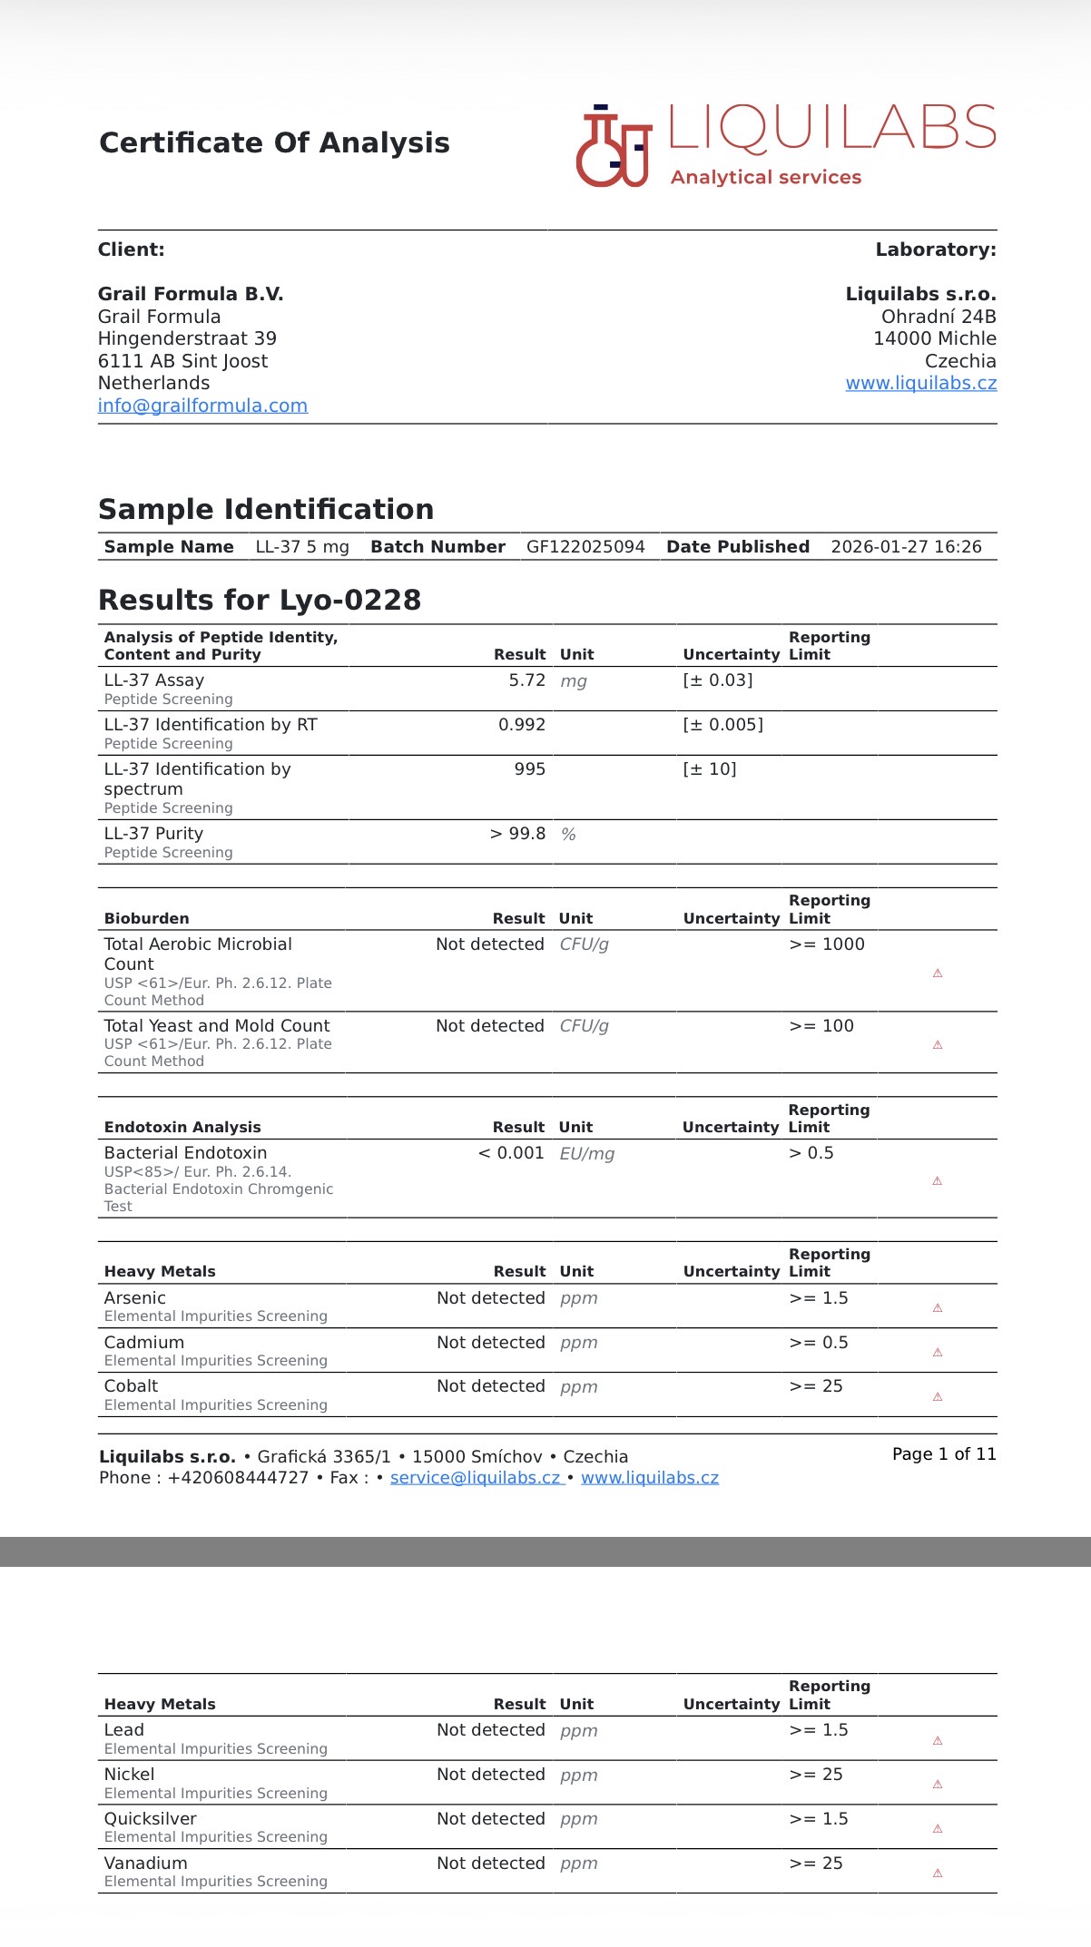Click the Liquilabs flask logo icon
[614, 147]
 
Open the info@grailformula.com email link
[202, 406]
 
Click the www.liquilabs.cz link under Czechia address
[920, 383]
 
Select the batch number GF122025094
[585, 547]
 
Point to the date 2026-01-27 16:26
[906, 547]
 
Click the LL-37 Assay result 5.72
[526, 680]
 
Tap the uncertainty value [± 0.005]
[722, 725]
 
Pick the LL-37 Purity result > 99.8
[517, 834]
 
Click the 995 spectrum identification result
[529, 769]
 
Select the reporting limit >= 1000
[826, 944]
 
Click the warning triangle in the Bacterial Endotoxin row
[937, 1181]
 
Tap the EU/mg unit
[586, 1154]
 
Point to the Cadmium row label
[144, 1343]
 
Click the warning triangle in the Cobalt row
[938, 1397]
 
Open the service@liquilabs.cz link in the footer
[476, 1478]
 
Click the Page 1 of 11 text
[944, 1454]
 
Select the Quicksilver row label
[150, 1819]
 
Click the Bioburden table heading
[147, 918]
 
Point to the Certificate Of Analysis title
[274, 143]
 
